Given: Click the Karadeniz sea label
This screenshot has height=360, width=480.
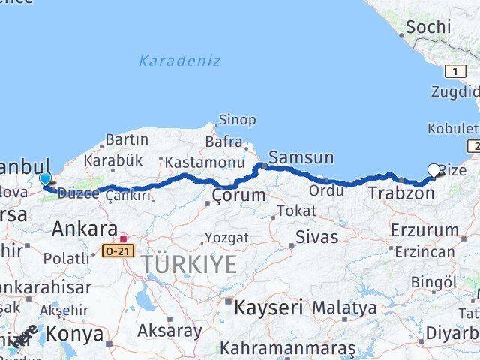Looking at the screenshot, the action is click(x=179, y=61).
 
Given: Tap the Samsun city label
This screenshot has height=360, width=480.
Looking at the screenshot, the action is click(x=301, y=157).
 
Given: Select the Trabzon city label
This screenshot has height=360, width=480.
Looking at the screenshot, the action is click(x=401, y=193).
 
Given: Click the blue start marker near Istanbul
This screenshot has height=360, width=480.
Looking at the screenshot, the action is click(x=45, y=178).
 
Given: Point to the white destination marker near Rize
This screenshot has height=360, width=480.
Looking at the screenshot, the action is click(x=434, y=171).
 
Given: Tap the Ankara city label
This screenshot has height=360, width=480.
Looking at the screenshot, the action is click(x=85, y=229).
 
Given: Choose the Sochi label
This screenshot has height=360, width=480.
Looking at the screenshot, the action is click(x=428, y=27).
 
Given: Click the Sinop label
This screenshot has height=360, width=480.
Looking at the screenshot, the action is click(x=237, y=120).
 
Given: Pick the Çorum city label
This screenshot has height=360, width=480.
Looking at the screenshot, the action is click(x=238, y=196).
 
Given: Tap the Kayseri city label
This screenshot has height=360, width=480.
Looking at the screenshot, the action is click(x=268, y=307).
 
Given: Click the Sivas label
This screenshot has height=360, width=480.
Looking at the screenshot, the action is click(x=316, y=237).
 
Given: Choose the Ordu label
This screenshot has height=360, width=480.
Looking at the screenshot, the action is click(x=326, y=190).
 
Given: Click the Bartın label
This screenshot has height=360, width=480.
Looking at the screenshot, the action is click(x=127, y=139).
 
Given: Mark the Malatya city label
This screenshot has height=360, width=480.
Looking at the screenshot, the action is click(x=344, y=307).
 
